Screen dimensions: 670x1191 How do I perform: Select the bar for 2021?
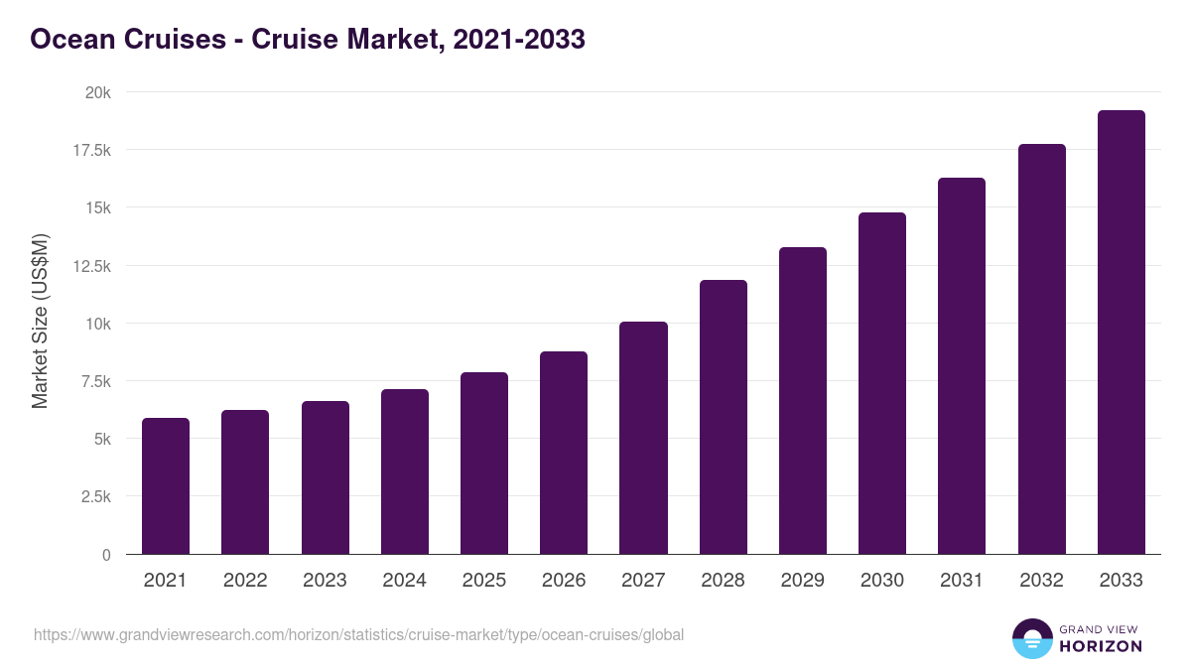tap(166, 486)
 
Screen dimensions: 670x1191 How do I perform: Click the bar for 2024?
tap(405, 471)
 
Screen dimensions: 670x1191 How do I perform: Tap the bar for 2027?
tap(643, 438)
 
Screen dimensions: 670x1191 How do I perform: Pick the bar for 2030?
tap(882, 383)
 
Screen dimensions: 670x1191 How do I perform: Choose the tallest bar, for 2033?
tap(1122, 333)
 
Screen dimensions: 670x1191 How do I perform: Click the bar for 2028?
tap(724, 417)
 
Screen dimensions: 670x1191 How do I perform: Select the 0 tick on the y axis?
tap(105, 555)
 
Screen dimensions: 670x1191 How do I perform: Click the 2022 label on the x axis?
tap(245, 581)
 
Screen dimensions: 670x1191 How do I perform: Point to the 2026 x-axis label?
tap(564, 581)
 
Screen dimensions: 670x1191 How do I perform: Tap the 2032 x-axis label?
tap(1041, 581)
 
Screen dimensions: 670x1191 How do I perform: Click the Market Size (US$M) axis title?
tap(40, 322)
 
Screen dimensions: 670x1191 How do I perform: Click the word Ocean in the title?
tap(71, 40)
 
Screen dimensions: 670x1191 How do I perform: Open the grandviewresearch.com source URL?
tap(358, 634)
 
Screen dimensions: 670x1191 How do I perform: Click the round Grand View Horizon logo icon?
tap(1031, 638)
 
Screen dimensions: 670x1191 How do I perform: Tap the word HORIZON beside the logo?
tap(1101, 646)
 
